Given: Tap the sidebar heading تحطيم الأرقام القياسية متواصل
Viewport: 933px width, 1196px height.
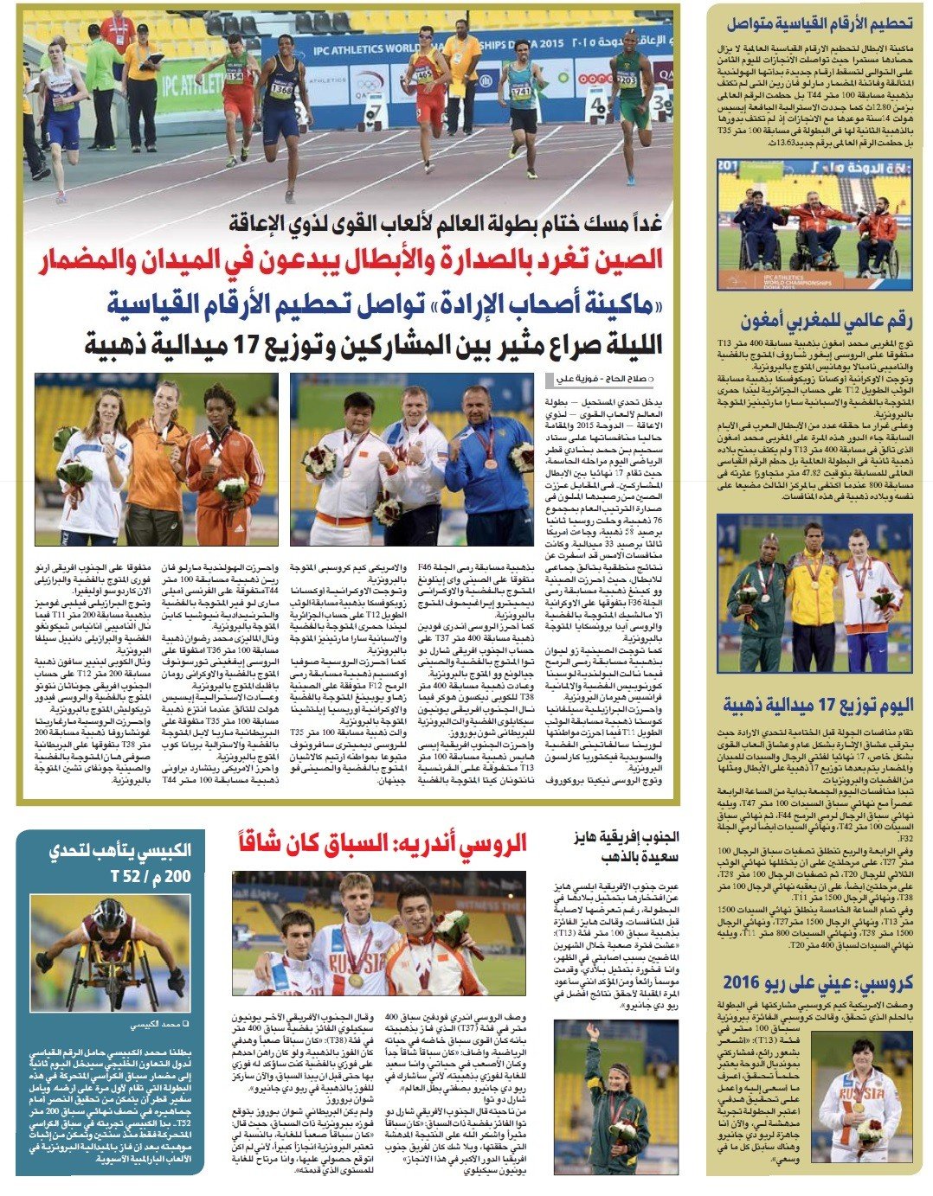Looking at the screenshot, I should pyautogui.click(x=818, y=23).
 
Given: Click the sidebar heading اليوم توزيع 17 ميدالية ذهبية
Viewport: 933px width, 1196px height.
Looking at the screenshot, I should pyautogui.click(x=818, y=706).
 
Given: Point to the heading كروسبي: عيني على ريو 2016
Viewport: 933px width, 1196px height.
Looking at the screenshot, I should pyautogui.click(x=817, y=982).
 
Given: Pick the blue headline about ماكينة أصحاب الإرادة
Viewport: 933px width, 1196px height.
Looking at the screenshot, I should pyautogui.click(x=384, y=304).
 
